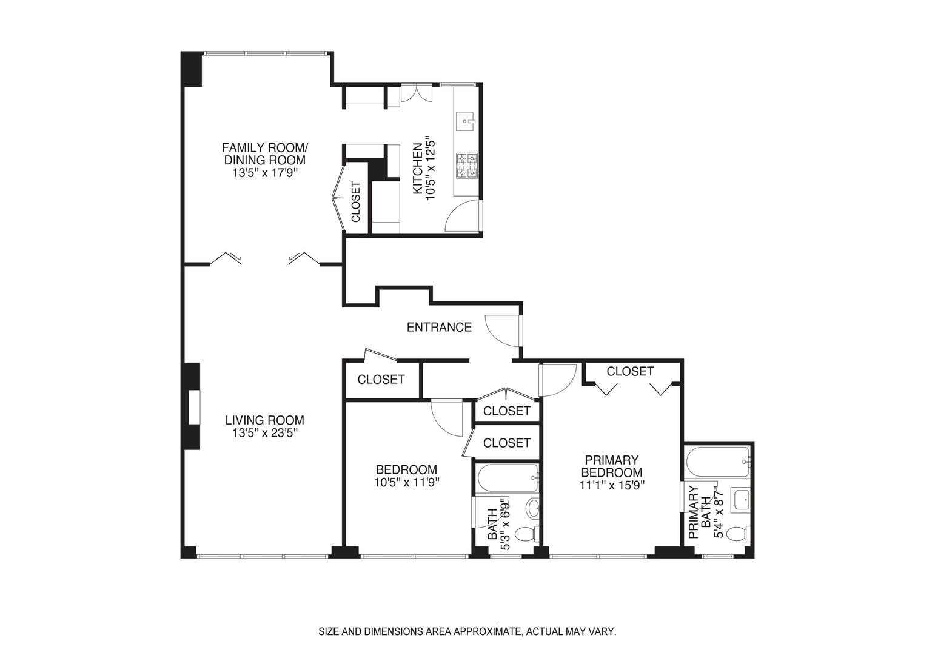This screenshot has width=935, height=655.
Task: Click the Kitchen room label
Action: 417,169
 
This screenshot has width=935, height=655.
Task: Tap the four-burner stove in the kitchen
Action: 466,165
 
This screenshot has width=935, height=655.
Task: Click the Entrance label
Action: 439,327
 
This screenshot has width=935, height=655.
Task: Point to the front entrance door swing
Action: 503,331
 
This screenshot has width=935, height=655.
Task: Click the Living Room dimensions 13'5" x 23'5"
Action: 264,433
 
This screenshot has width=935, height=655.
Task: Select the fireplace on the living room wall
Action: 193,406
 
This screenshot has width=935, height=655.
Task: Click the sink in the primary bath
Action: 740,500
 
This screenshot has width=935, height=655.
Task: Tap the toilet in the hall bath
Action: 525,534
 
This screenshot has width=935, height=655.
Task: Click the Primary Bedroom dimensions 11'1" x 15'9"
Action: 611,485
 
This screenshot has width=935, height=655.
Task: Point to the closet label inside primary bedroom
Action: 630,371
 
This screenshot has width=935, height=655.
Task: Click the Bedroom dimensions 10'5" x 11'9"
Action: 406,483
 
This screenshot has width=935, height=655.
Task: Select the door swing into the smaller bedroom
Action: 447,417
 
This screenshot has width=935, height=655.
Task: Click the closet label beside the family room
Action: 355,202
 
